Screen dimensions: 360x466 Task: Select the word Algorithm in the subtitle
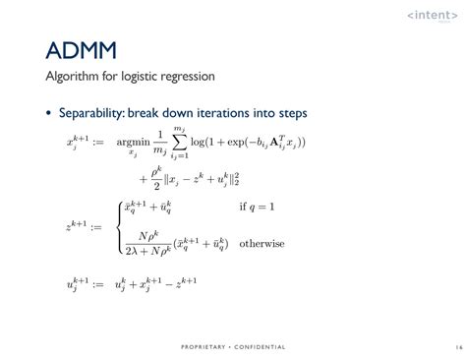click(x=74, y=77)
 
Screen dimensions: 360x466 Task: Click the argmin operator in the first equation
click(x=130, y=144)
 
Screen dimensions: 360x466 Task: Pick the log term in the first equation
click(x=200, y=144)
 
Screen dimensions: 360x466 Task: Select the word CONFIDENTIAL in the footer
click(x=260, y=346)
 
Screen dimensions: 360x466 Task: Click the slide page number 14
click(x=457, y=346)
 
